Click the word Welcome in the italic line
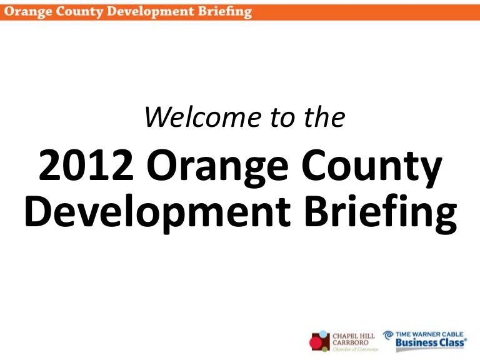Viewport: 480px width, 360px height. coord(195,117)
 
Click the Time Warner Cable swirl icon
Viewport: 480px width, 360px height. coord(389,336)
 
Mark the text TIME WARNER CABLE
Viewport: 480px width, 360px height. coord(432,334)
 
